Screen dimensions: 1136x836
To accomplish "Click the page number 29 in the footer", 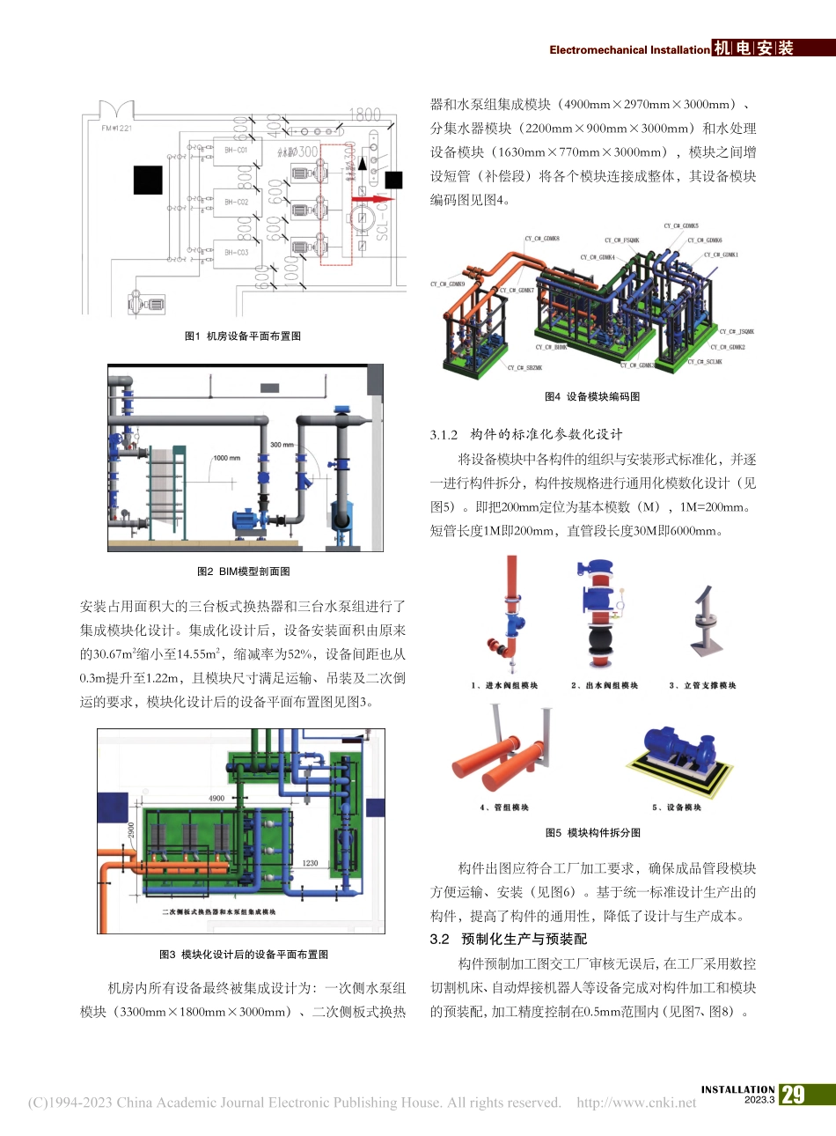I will (793, 1095).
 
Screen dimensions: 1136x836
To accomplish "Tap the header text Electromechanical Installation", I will (629, 50).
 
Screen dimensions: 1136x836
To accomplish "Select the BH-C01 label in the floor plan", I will (236, 151).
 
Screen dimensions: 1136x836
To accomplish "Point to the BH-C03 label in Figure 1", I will (236, 253).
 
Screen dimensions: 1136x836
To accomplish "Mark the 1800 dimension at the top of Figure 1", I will (364, 114).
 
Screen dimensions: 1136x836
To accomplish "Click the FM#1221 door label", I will (117, 129).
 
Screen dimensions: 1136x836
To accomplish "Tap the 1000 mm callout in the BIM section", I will (226, 458).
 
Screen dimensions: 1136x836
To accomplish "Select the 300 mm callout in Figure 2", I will (282, 445).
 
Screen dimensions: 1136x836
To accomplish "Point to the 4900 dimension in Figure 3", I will (216, 799).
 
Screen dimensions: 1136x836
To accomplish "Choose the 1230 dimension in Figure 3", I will (310, 863).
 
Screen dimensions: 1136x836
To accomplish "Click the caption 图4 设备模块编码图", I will (592, 396).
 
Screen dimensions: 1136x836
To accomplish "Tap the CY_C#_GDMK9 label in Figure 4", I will (447, 284).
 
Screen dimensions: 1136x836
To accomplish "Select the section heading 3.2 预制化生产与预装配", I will (508, 940).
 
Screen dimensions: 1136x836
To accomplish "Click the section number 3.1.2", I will (444, 434).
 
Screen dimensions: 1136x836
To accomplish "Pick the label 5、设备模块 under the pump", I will (677, 808).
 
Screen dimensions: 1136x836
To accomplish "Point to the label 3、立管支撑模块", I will (702, 685).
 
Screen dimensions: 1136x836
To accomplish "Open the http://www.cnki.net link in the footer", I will (636, 1103).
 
